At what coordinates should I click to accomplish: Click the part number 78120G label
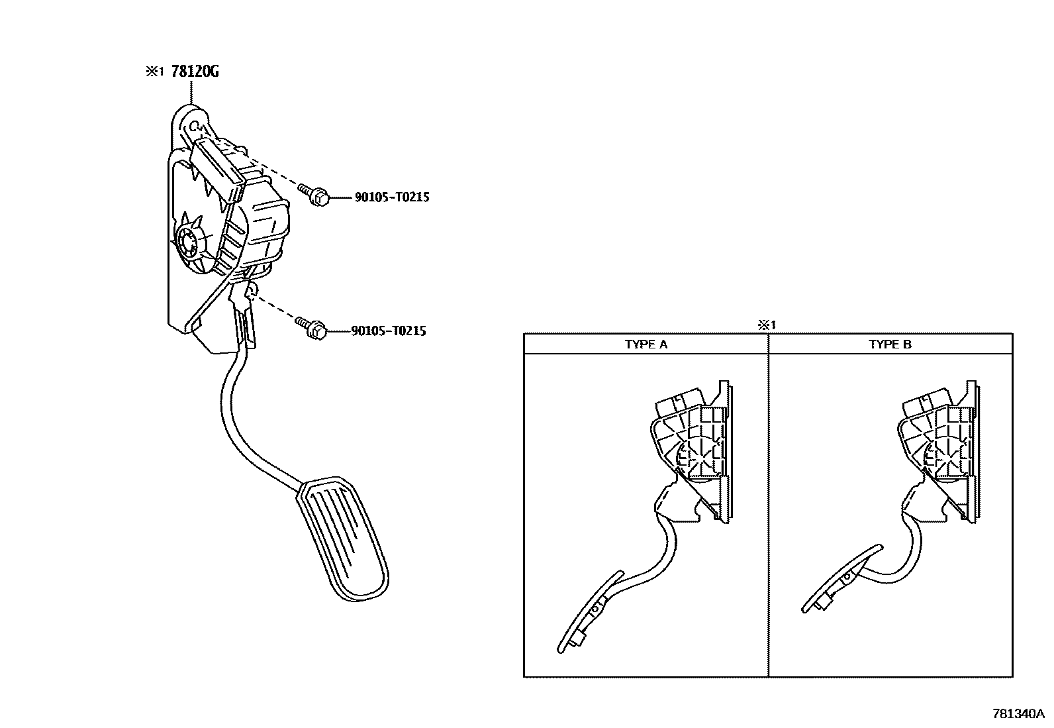[195, 72]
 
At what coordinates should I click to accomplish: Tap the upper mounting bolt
[314, 195]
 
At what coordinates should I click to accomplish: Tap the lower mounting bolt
[313, 327]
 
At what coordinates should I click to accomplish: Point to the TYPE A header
[646, 344]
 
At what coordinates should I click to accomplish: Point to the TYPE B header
[890, 344]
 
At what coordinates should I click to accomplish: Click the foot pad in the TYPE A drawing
[590, 613]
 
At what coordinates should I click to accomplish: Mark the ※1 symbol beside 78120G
[154, 72]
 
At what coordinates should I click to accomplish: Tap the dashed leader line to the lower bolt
[275, 310]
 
